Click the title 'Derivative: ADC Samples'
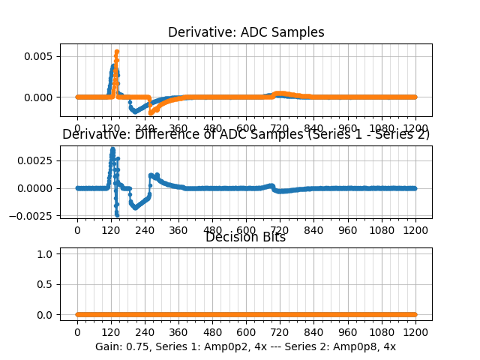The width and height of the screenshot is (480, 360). point(246,32)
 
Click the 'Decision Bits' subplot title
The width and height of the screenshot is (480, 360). point(245,237)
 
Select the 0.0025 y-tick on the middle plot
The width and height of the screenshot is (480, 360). point(37,160)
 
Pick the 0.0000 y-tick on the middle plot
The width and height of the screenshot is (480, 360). point(37,188)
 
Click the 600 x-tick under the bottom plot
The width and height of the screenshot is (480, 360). point(246,331)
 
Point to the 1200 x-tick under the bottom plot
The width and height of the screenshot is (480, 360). point(415,331)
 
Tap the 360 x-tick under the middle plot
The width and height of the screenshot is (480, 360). point(178,229)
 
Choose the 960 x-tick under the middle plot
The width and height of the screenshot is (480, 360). point(348,229)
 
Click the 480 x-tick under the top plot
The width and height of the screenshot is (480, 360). point(212,128)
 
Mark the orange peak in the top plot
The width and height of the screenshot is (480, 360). point(117,52)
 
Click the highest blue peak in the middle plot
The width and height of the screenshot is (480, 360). point(112,148)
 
